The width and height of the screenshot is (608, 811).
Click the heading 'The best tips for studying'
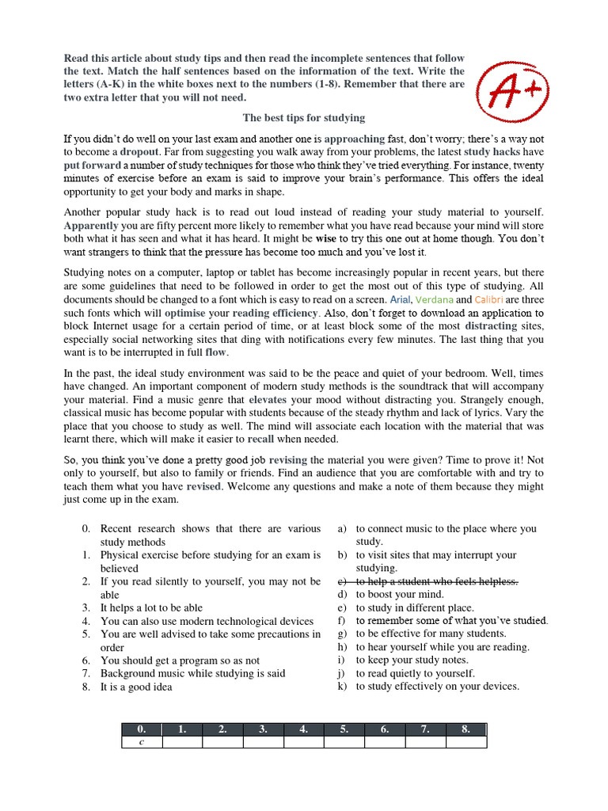pyautogui.click(x=304, y=118)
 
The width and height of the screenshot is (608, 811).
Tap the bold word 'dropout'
pyautogui.click(x=140, y=151)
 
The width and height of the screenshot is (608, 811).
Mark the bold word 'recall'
pyautogui.click(x=260, y=439)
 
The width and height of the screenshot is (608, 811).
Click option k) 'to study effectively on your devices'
pyautogui.click(x=437, y=686)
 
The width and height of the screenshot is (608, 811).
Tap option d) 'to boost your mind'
pyautogui.click(x=400, y=594)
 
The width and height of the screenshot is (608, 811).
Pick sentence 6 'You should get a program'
pyautogui.click(x=180, y=660)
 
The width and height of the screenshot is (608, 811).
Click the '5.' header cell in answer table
pyautogui.click(x=344, y=729)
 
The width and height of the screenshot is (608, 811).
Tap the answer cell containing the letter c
pyautogui.click(x=141, y=742)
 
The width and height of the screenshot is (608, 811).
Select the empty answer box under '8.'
pyautogui.click(x=465, y=742)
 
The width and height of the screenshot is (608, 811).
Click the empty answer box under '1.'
pyautogui.click(x=182, y=742)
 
